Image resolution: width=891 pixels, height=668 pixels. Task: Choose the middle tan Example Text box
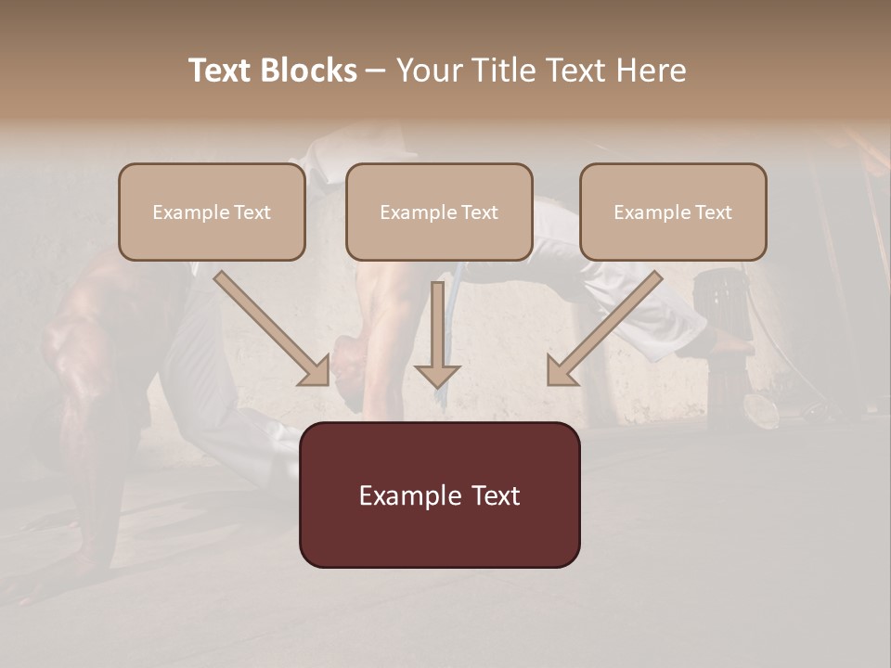click(x=439, y=236)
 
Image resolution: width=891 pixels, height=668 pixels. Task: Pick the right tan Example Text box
click(x=673, y=236)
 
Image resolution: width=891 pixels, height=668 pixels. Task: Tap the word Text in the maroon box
click(x=494, y=496)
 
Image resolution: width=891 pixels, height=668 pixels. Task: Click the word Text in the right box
click(x=714, y=212)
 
